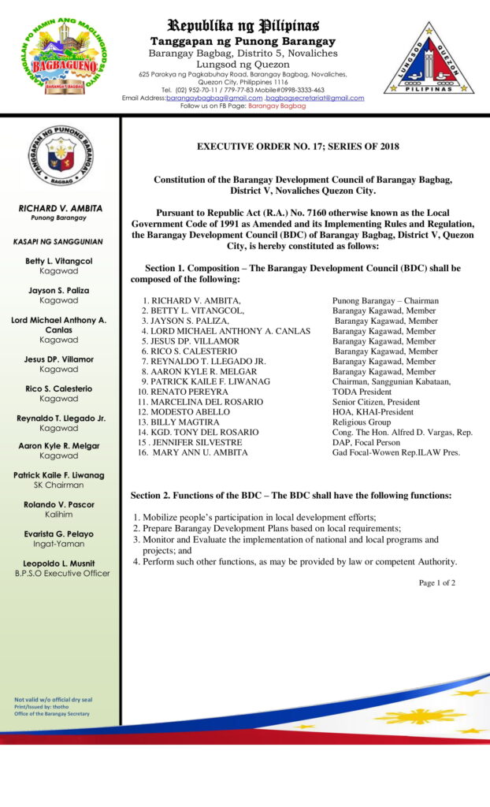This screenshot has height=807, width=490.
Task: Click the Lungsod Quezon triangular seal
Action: (429, 58)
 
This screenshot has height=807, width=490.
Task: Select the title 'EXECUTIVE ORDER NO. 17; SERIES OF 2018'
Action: (298, 147)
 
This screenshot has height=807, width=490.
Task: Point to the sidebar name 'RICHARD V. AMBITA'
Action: (59, 208)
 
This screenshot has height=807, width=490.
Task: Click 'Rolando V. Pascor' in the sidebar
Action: (59, 505)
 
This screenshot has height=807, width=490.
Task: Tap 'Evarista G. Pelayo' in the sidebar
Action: (59, 534)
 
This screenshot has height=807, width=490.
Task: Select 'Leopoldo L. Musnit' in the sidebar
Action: (59, 563)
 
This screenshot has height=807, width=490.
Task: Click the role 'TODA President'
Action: (362, 392)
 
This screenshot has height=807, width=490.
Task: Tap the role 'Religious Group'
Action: (361, 422)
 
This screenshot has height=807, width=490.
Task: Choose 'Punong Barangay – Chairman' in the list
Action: (385, 301)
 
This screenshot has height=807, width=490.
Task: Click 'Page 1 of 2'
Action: (436, 583)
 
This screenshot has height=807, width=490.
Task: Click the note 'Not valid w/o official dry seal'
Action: (54, 700)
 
